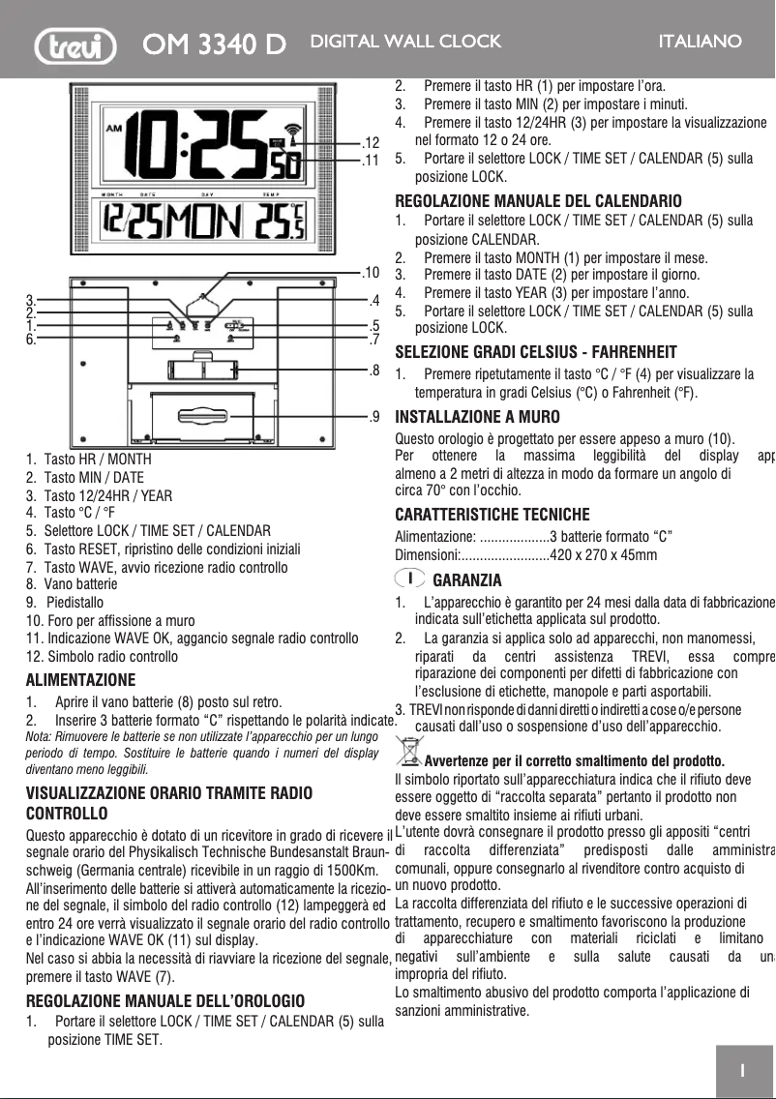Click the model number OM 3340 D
click(214, 45)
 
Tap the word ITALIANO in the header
click(700, 42)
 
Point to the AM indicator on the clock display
click(114, 129)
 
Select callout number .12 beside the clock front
click(369, 144)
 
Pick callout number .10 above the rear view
click(369, 272)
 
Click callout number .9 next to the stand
click(372, 417)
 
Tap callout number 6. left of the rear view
click(31, 340)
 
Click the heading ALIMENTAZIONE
click(80, 679)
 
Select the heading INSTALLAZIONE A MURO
click(477, 418)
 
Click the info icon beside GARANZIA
click(410, 579)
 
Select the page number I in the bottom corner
click(741, 1070)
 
